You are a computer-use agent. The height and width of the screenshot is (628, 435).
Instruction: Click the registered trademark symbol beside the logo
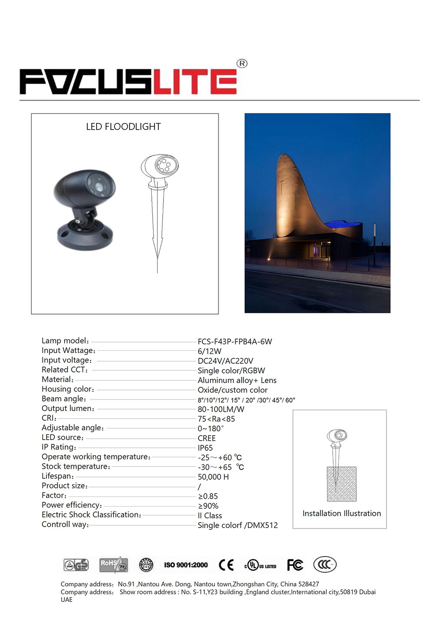(242, 64)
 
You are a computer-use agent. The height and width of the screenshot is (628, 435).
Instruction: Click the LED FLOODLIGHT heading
(124, 127)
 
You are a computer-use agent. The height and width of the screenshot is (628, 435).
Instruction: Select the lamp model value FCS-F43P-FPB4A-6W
(235, 342)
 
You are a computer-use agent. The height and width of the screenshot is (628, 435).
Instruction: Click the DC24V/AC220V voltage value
(225, 361)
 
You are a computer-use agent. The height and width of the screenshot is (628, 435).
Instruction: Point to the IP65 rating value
(205, 448)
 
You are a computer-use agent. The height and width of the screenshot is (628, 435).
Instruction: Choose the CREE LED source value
(207, 438)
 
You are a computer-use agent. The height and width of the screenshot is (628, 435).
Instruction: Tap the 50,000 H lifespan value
(213, 477)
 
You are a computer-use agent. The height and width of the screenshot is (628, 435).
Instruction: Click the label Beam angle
(64, 399)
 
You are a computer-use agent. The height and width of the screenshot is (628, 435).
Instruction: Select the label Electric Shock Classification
(91, 515)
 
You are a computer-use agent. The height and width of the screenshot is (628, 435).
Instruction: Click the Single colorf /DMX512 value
(238, 525)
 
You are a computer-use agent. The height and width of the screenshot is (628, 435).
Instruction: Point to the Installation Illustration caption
(341, 514)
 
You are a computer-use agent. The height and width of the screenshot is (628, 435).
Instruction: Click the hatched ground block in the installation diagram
(342, 484)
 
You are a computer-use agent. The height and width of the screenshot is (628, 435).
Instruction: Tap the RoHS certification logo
(113, 564)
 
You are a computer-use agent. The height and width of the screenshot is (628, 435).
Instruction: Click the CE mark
(226, 565)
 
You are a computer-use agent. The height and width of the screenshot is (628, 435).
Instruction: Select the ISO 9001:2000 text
(186, 565)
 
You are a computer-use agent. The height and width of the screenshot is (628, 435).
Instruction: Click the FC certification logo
(295, 565)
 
